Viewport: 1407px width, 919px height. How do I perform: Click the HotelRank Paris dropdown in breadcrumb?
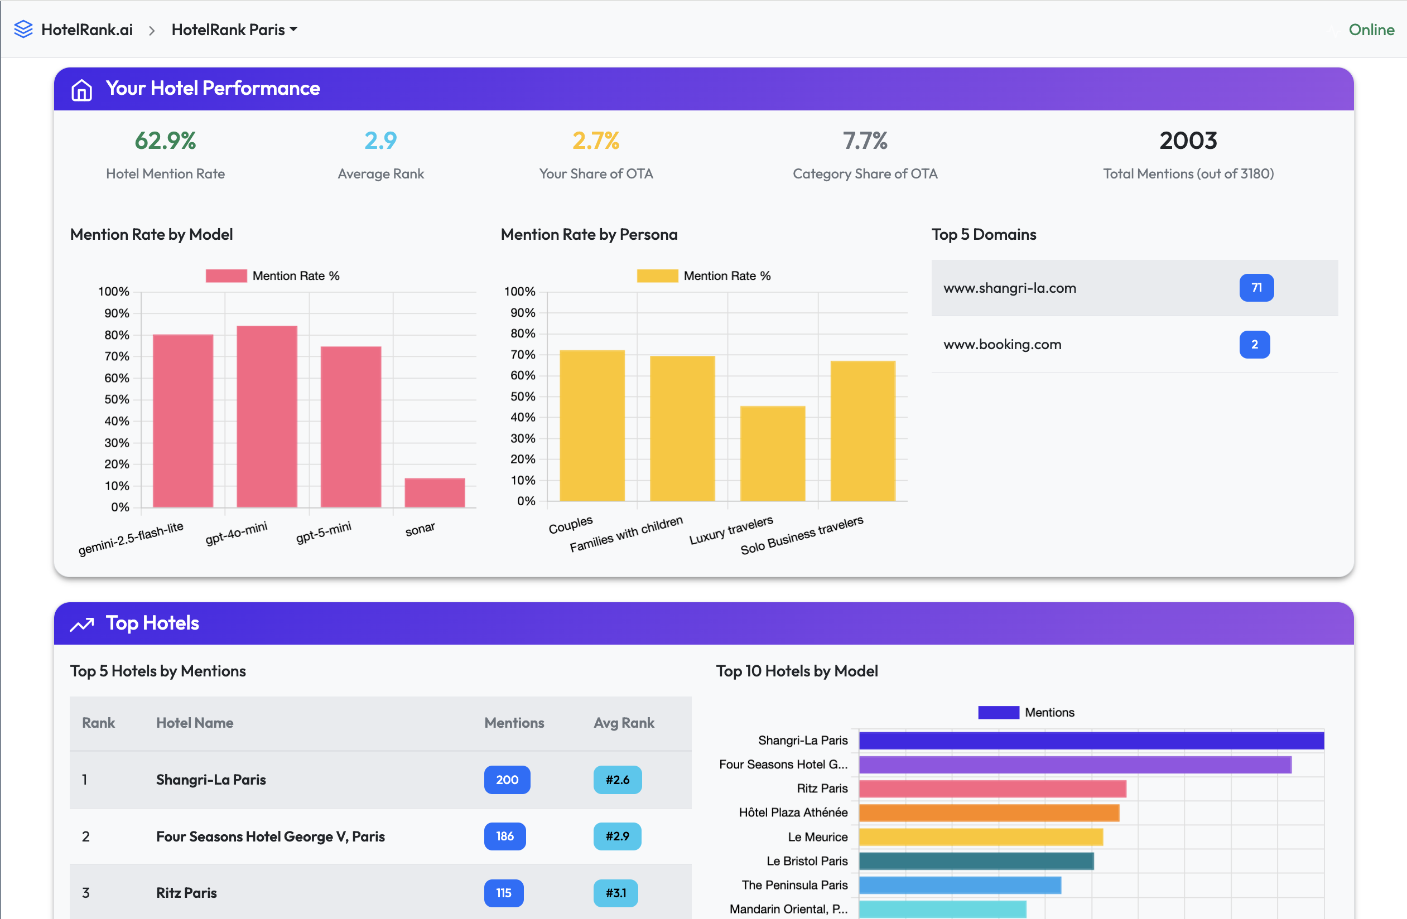coord(234,30)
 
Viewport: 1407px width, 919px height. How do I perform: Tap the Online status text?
coord(1371,30)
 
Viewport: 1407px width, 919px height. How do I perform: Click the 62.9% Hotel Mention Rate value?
coord(165,141)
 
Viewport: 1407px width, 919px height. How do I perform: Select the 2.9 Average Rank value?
coord(380,141)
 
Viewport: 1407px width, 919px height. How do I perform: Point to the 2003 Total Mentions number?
coord(1188,141)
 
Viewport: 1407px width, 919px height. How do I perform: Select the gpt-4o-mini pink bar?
coord(267,416)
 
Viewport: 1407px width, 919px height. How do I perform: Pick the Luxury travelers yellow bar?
coord(772,453)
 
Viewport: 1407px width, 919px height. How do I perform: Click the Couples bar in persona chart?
coord(592,425)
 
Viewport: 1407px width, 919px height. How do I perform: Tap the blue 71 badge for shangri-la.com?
coord(1256,288)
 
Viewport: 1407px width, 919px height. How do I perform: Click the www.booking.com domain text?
coord(1002,345)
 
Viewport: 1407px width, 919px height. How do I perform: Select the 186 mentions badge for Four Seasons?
coord(504,836)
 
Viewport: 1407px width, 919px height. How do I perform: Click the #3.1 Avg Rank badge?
coord(615,893)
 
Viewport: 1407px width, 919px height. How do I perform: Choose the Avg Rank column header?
coord(624,723)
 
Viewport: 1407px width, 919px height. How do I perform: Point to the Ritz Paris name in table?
coord(186,893)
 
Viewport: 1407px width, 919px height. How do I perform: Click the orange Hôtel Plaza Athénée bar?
coord(989,812)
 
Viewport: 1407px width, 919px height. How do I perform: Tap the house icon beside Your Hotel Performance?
coord(81,90)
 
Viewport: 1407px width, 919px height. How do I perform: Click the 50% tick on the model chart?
coord(117,399)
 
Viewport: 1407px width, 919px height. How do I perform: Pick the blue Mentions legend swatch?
coord(998,712)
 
